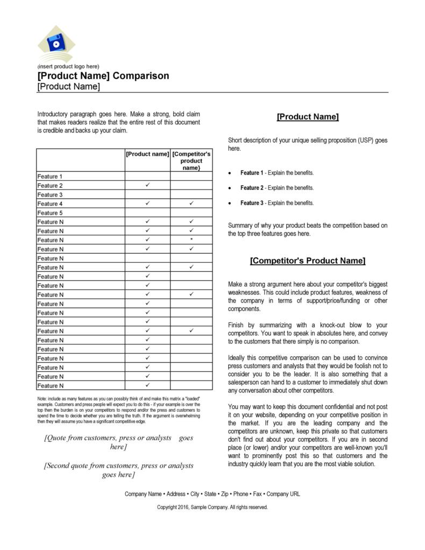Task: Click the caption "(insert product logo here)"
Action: pyautogui.click(x=68, y=67)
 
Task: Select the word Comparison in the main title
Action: pyautogui.click(x=141, y=76)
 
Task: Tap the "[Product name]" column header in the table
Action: pyautogui.click(x=147, y=154)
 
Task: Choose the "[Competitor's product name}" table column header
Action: pyautogui.click(x=191, y=160)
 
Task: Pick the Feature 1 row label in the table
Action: pyautogui.click(x=50, y=177)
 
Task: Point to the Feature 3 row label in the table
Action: pyautogui.click(x=50, y=195)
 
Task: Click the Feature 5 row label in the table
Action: pyautogui.click(x=50, y=213)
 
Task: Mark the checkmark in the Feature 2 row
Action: pyautogui.click(x=147, y=185)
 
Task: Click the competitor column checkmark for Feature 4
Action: pyautogui.click(x=191, y=203)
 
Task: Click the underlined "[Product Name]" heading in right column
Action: pyautogui.click(x=307, y=117)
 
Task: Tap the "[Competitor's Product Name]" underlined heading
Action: pyautogui.click(x=307, y=261)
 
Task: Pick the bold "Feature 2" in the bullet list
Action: pyautogui.click(x=252, y=188)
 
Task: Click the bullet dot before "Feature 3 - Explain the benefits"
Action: pyautogui.click(x=230, y=203)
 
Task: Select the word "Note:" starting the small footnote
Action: pyautogui.click(x=42, y=398)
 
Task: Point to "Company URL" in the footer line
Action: pyautogui.click(x=284, y=494)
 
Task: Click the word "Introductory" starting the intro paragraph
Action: pyautogui.click(x=53, y=114)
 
